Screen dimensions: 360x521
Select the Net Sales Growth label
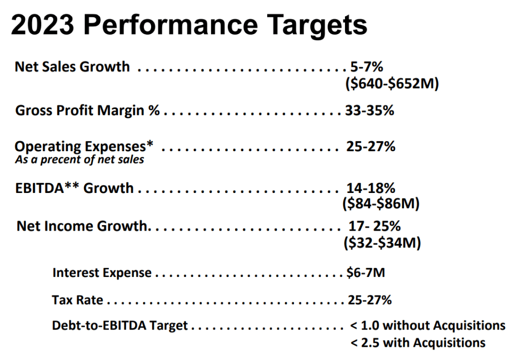click(x=72, y=67)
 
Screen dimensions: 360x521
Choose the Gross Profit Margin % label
click(x=88, y=110)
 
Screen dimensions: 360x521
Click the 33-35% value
click(x=369, y=110)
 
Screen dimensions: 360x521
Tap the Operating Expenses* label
click(x=84, y=147)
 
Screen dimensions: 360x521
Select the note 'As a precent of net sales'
click(x=79, y=159)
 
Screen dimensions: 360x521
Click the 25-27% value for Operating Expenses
click(x=370, y=147)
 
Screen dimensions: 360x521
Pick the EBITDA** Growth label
click(x=74, y=188)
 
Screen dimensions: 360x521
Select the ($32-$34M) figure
click(x=383, y=243)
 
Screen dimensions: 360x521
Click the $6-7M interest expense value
click(x=365, y=273)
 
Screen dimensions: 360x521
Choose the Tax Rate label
click(x=77, y=300)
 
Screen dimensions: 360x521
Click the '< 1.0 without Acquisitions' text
click(x=428, y=325)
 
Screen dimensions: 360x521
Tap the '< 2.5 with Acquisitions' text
click(x=418, y=343)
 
